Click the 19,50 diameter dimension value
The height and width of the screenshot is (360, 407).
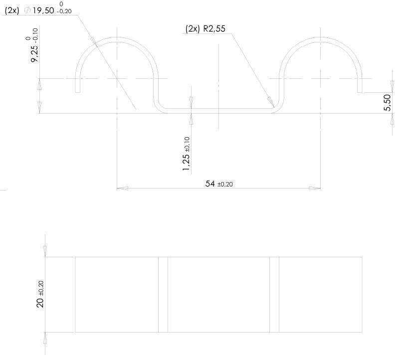click(x=43, y=10)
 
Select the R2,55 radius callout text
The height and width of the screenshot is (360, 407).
click(x=214, y=28)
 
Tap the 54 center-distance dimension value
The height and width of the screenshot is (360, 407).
click(x=210, y=184)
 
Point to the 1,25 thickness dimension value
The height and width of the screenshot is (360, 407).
click(x=186, y=163)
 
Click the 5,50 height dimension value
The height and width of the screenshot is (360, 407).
click(x=387, y=103)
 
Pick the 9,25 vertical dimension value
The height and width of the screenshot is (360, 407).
click(x=34, y=54)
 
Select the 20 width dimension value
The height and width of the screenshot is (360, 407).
click(x=40, y=303)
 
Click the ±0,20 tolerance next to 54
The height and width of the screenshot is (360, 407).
click(x=225, y=184)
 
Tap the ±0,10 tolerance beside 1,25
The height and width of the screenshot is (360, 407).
click(x=187, y=145)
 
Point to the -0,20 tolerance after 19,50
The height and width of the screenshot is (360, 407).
click(x=64, y=11)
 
